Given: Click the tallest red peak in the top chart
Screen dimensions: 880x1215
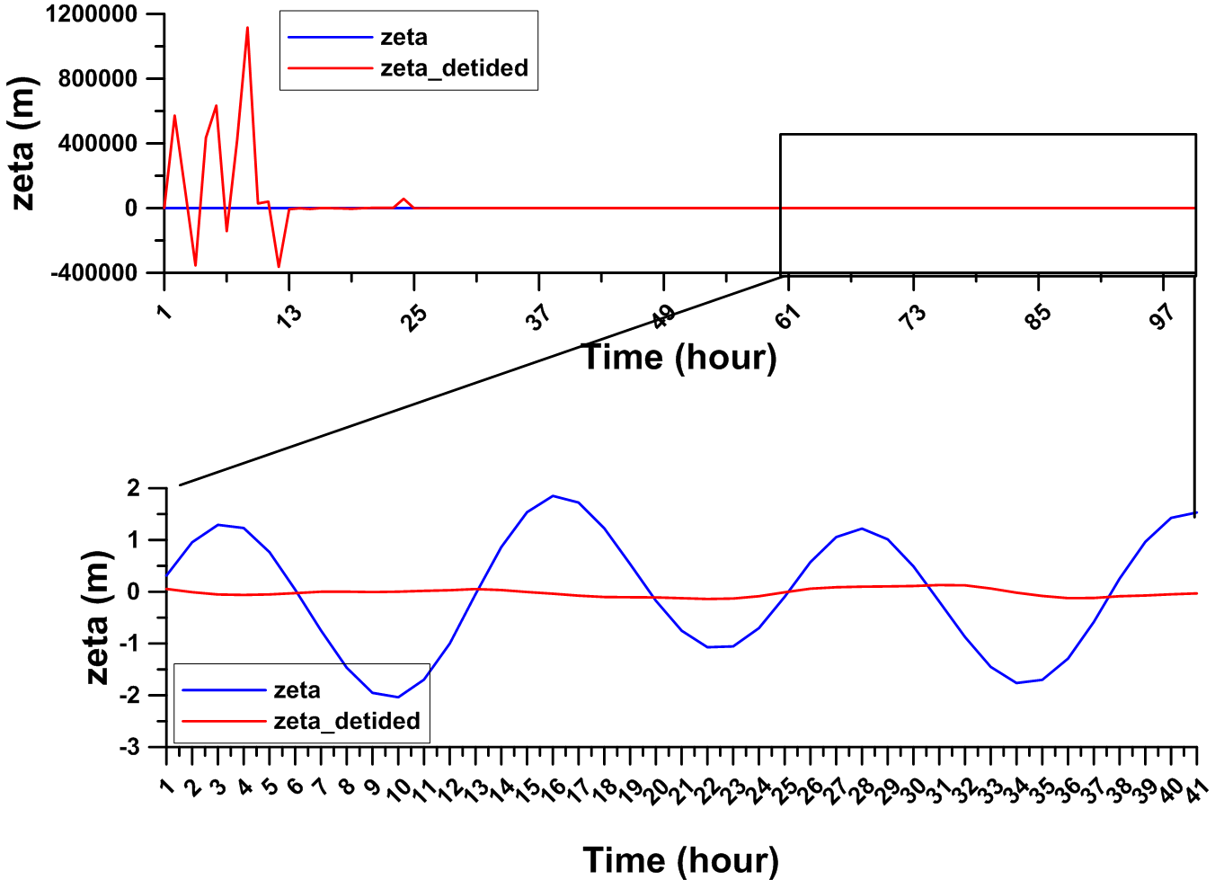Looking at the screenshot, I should (x=247, y=28).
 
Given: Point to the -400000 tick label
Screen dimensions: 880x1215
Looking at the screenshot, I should (x=93, y=272).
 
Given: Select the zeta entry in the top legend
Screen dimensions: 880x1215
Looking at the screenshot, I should (x=404, y=37).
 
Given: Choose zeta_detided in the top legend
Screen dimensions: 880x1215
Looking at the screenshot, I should (x=454, y=68).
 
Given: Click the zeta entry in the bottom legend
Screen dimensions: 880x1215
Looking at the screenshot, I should (x=297, y=690).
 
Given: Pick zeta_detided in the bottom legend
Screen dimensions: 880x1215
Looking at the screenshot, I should (x=347, y=721).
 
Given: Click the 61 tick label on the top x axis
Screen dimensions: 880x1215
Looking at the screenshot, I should (x=787, y=316).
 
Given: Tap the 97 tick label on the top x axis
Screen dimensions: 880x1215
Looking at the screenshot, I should (x=1163, y=316).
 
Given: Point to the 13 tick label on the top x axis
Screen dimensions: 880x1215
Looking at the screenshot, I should (x=288, y=316).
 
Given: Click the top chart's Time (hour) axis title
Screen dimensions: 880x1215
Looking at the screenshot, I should (x=678, y=358).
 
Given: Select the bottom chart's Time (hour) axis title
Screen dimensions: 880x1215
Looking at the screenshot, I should (x=680, y=860).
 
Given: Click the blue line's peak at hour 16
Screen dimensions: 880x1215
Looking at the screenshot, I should (x=553, y=495).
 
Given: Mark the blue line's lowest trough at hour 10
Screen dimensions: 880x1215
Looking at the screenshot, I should (x=398, y=697).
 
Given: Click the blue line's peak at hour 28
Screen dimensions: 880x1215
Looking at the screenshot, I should (x=862, y=529).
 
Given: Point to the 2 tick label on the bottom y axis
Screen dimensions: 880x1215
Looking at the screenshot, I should (x=134, y=488).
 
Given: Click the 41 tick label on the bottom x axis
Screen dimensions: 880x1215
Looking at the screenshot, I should (x=1195, y=789).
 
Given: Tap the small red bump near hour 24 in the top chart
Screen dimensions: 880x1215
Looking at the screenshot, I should (x=404, y=199).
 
